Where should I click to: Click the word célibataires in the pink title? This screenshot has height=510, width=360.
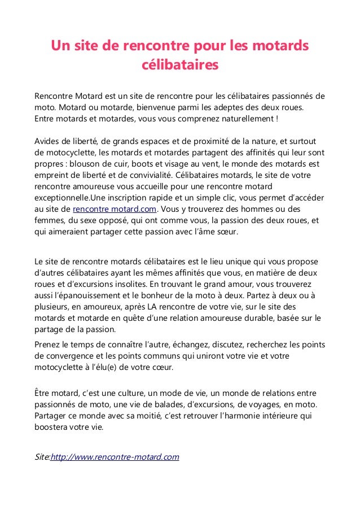(x=179, y=66)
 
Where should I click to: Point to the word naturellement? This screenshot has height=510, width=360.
(x=245, y=119)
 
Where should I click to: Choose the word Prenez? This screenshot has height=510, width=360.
(x=49, y=345)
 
